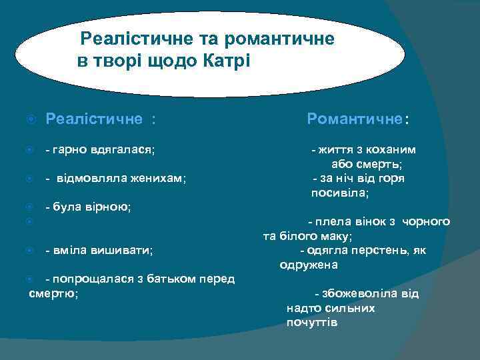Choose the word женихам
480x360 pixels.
click(160, 179)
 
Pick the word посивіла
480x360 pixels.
click(340, 193)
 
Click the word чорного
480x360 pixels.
click(426, 221)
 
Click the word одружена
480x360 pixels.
click(309, 265)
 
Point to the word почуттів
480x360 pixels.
click(312, 323)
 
